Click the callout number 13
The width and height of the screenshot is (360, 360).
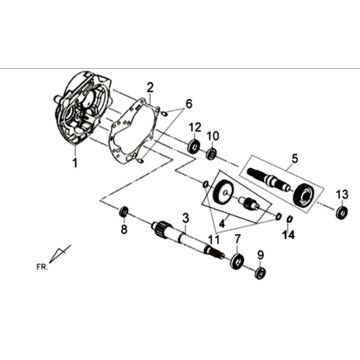pos(341,193)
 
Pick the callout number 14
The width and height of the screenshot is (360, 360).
pos(290,234)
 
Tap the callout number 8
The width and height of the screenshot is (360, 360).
pos(124,257)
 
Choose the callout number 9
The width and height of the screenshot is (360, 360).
pos(261,296)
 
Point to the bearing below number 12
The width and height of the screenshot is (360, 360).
pos(192,147)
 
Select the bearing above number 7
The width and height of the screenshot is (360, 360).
pos(238,262)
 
